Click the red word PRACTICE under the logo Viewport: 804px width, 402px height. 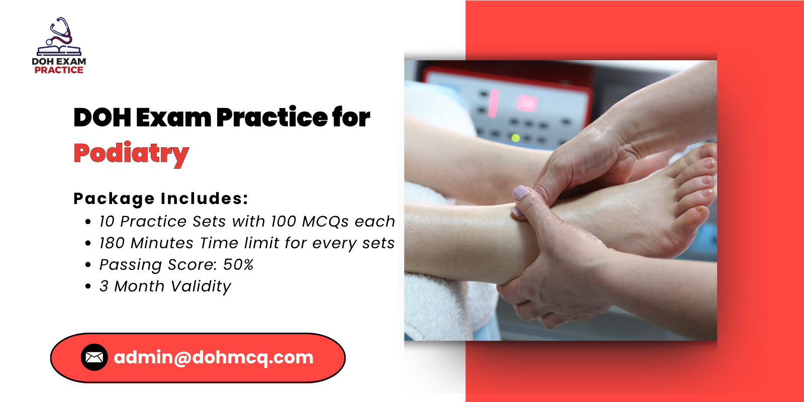click(59, 70)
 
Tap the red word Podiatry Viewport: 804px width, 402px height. click(131, 154)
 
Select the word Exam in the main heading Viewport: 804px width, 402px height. click(173, 118)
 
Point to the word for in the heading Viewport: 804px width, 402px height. click(351, 118)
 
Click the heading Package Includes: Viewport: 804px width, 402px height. click(161, 198)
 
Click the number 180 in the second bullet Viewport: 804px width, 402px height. click(112, 243)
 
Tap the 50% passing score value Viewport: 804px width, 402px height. click(238, 265)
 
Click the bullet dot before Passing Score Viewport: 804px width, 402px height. click(88, 265)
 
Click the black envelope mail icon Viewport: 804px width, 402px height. click(94, 357)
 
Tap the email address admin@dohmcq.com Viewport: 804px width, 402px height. click(214, 357)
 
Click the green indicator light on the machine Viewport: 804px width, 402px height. click(515, 138)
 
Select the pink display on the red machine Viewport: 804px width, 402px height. click(527, 104)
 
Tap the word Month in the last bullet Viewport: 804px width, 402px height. click(139, 286)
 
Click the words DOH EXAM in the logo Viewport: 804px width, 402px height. click(59, 61)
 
